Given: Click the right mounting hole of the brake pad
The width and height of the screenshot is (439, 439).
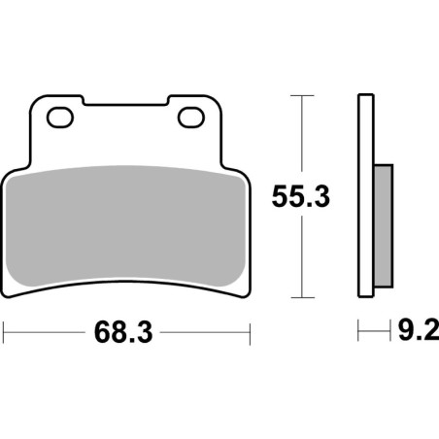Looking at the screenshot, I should coord(190,118).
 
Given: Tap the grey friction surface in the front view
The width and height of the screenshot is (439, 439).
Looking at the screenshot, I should coord(126,223).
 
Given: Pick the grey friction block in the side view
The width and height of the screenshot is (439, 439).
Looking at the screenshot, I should coord(383,225).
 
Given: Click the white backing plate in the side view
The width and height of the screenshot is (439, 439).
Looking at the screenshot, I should coord(365,194).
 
